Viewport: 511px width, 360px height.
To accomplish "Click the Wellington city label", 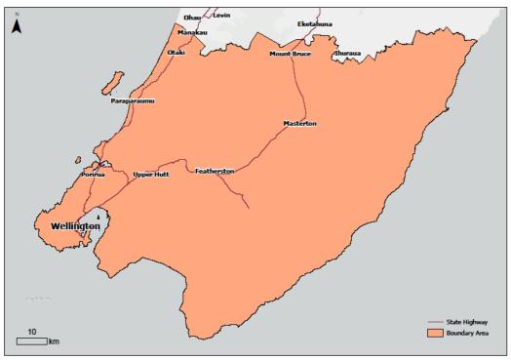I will (x=75, y=225).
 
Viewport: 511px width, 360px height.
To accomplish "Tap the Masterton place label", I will (x=300, y=124).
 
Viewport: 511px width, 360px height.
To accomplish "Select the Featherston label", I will (x=215, y=171).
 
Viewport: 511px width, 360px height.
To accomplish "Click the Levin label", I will (x=221, y=17).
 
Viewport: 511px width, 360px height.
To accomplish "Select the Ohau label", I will (x=192, y=17).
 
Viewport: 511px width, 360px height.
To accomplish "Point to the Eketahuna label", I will (x=314, y=23).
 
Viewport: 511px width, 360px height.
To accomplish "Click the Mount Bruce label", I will (x=290, y=54).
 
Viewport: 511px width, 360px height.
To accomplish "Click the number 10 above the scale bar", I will (x=32, y=332).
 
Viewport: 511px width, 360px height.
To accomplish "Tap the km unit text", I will (x=55, y=341).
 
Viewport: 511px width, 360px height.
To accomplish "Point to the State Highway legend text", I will (x=475, y=321).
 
